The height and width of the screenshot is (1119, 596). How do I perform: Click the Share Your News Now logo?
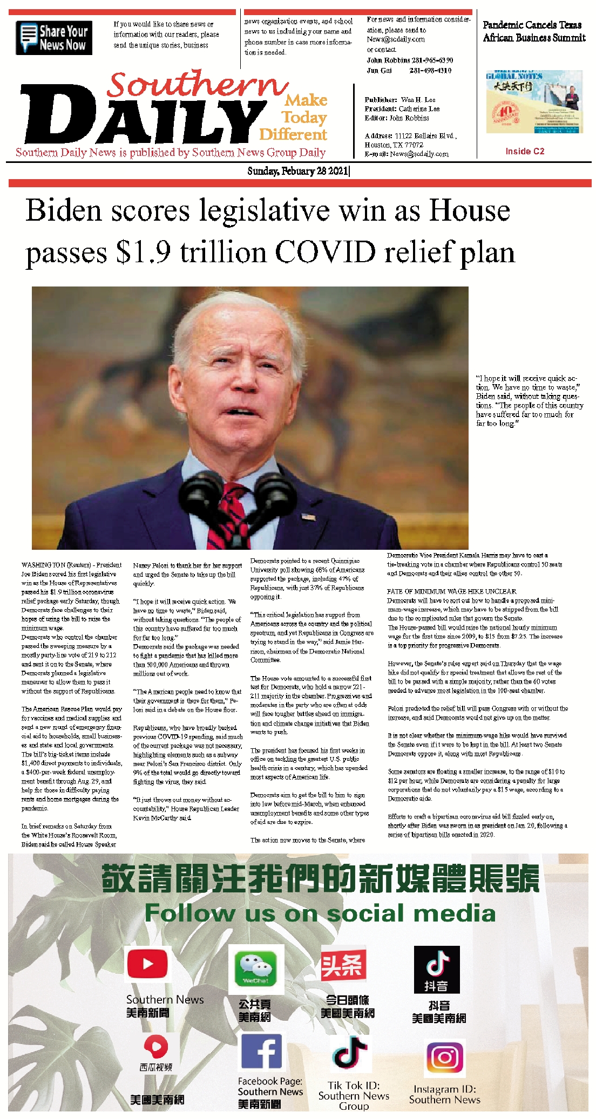point(54,38)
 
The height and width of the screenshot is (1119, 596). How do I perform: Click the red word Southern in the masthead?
point(197,85)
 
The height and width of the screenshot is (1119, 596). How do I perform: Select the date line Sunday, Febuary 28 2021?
point(298,172)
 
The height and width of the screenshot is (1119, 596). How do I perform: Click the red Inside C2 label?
point(525,152)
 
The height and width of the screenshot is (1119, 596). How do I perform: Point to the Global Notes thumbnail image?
point(534,102)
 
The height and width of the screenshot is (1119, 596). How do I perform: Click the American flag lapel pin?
point(309,517)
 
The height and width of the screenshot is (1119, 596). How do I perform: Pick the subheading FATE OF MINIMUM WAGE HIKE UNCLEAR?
point(451,591)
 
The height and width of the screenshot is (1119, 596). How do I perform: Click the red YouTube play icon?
point(147,964)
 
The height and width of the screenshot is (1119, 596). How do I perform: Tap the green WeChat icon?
point(256,968)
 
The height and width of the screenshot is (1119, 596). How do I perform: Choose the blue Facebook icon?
point(261,1052)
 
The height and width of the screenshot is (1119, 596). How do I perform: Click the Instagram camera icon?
point(445,1057)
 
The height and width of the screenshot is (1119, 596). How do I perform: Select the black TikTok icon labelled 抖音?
point(437,969)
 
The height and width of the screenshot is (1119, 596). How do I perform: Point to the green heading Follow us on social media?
point(320,912)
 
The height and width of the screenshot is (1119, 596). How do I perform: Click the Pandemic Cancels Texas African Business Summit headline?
point(533,31)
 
